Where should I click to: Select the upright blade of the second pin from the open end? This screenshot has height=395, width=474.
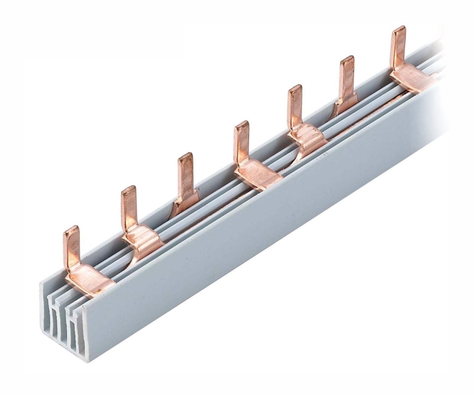click(129, 207)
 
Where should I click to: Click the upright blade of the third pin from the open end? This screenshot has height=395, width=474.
click(185, 174)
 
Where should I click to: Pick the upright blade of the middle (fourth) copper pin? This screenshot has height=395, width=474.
click(242, 142)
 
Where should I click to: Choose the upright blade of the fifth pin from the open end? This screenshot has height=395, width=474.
click(295, 106)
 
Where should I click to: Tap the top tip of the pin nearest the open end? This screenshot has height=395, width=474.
click(71, 229)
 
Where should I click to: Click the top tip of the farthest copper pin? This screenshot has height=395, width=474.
click(398, 29)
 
